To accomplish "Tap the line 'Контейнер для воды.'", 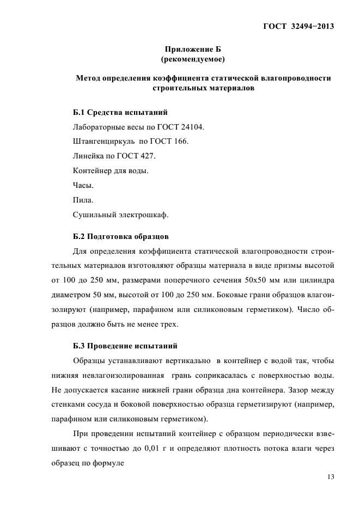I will coord(110,170).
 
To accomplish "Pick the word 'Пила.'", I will coord(83,200).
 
